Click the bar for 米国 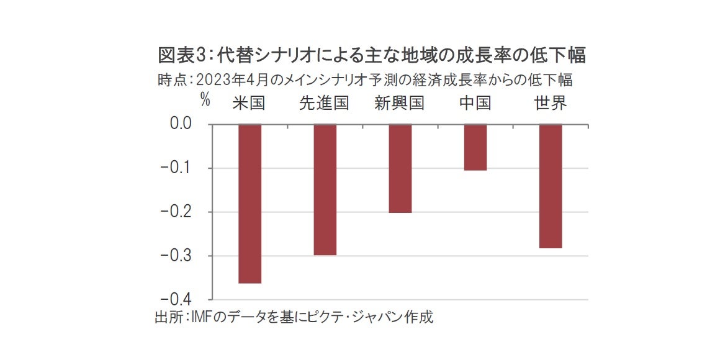[x=250, y=204]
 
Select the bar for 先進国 [x=325, y=189]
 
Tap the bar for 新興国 [x=400, y=168]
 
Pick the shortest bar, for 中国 [x=475, y=147]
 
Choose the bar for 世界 [x=551, y=186]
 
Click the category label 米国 [x=249, y=103]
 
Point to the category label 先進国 [x=324, y=103]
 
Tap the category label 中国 [x=475, y=103]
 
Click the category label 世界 [x=551, y=103]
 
